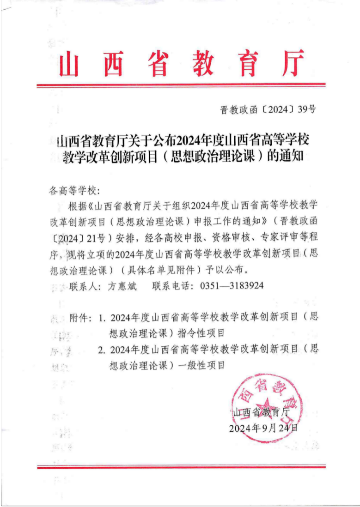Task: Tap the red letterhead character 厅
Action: (293, 63)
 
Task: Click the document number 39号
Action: (307, 109)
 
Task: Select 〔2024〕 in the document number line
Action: (278, 109)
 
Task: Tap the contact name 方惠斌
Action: (122, 286)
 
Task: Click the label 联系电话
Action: (172, 286)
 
